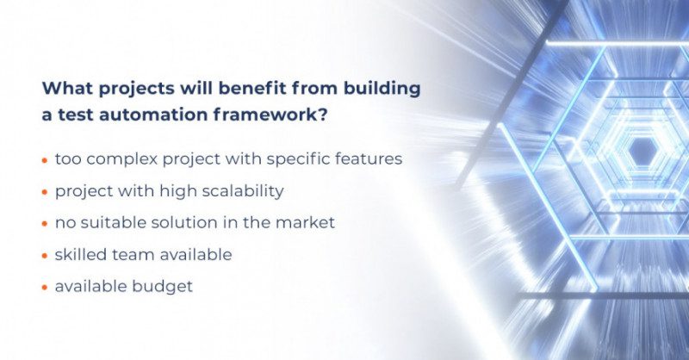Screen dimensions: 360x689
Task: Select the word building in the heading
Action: (365, 89)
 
